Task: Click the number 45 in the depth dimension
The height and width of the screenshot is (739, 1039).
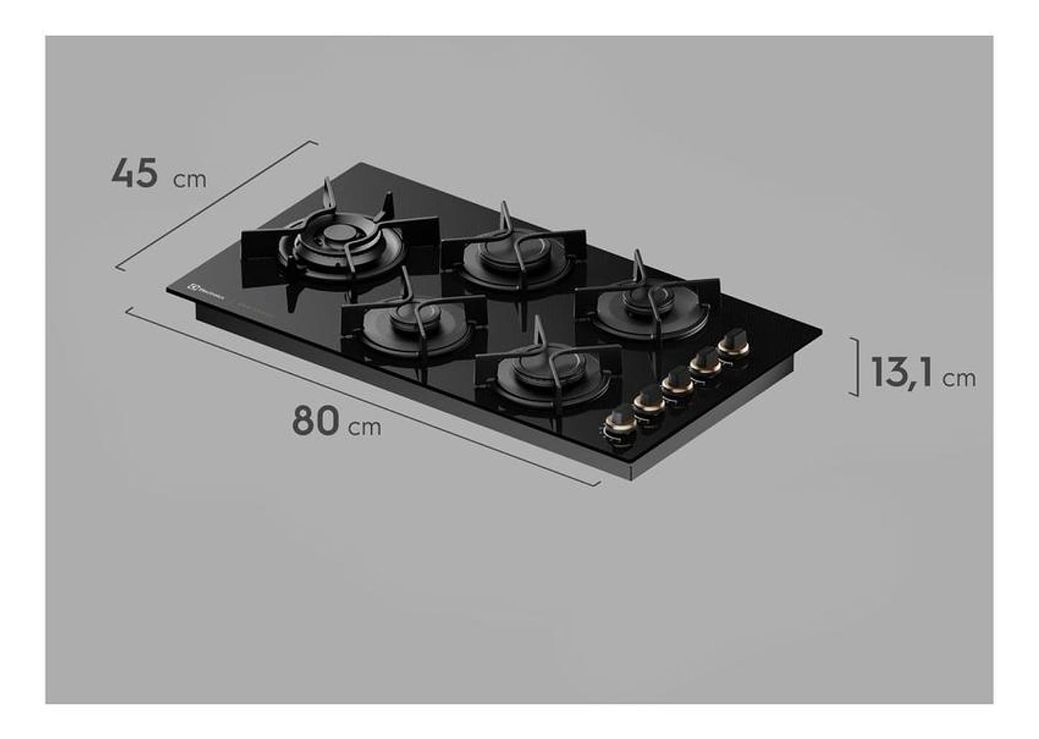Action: (x=134, y=174)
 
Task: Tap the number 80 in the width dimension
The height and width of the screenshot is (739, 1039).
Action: (x=315, y=421)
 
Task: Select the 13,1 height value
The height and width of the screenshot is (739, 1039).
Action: (x=902, y=373)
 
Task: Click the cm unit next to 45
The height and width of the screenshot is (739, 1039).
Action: (x=189, y=179)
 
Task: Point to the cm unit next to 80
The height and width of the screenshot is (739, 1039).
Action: (x=365, y=428)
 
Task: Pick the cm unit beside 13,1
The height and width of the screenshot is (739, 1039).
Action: (x=959, y=378)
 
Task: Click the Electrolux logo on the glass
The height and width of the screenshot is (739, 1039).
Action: (x=207, y=288)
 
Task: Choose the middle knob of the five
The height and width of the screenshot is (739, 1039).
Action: (x=675, y=382)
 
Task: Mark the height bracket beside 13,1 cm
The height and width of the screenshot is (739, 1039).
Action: (x=856, y=366)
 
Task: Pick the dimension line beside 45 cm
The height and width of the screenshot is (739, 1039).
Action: (x=215, y=204)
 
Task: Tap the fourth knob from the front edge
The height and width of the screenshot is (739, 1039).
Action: (x=705, y=361)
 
